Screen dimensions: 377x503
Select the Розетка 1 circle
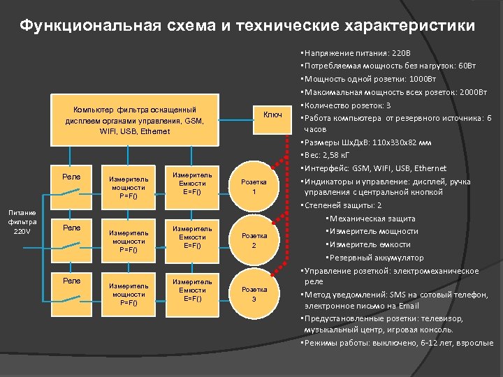(x=254, y=186)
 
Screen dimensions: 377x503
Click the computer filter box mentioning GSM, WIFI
(x=135, y=120)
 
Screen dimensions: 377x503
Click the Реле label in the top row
(x=71, y=177)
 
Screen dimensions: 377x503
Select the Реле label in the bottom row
(x=71, y=281)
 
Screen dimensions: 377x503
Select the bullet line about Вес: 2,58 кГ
(x=331, y=154)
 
